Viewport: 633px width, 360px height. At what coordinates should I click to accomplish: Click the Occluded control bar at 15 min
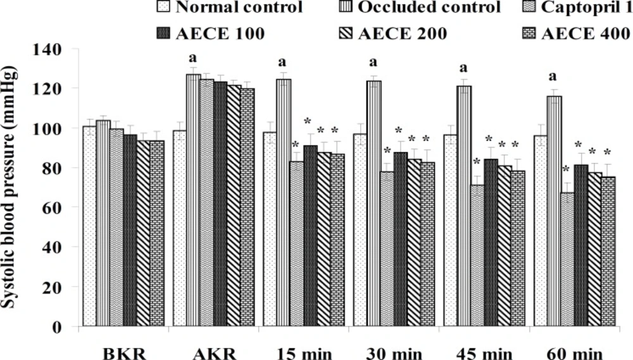(x=283, y=202)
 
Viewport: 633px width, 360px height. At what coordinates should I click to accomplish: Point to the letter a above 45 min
(x=463, y=68)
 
